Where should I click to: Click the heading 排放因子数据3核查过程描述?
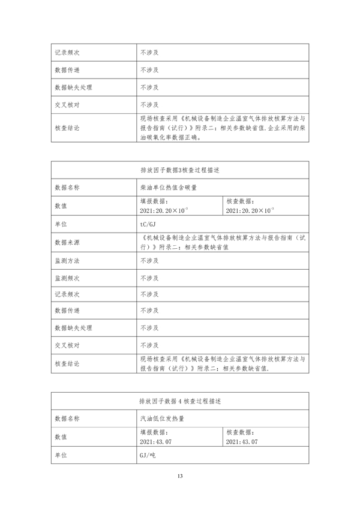click(180, 170)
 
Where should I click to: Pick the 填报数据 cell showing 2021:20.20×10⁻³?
click(164, 206)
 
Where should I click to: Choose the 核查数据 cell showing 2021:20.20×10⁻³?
click(249, 206)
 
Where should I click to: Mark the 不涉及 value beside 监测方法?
click(149, 261)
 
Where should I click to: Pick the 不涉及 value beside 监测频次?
click(149, 278)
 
